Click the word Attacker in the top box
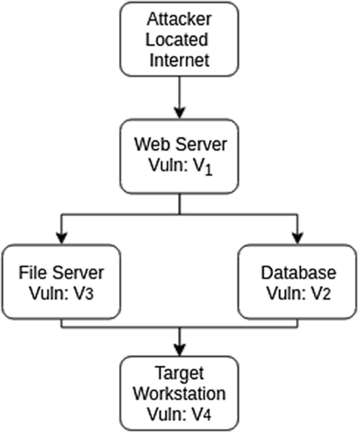click(x=180, y=19)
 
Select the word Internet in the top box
click(x=180, y=59)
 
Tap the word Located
click(x=180, y=39)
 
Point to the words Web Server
click(x=180, y=144)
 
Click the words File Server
click(x=61, y=273)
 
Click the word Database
click(x=298, y=273)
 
